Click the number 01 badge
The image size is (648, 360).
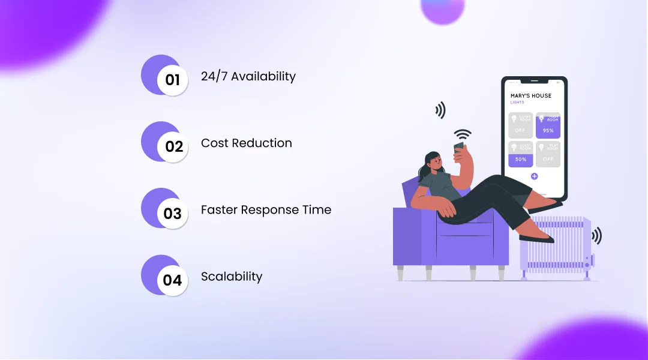[172, 79]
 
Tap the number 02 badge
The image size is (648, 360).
[173, 146]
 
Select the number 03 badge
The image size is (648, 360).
[173, 213]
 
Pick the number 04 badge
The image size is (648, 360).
[173, 280]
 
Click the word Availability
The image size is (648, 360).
[263, 77]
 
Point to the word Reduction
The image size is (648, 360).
[263, 143]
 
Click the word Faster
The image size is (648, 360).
[219, 210]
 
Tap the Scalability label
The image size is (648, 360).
[232, 277]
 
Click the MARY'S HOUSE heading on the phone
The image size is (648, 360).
[530, 96]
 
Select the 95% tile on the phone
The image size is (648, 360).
[548, 125]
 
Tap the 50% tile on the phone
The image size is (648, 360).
[520, 154]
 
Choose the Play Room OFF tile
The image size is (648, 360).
[548, 154]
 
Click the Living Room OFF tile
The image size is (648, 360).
[520, 125]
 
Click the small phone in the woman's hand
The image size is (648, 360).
[459, 148]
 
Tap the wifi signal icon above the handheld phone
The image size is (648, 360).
[462, 134]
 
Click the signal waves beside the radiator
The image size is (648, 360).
[596, 236]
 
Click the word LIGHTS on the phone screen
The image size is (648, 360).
[517, 103]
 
